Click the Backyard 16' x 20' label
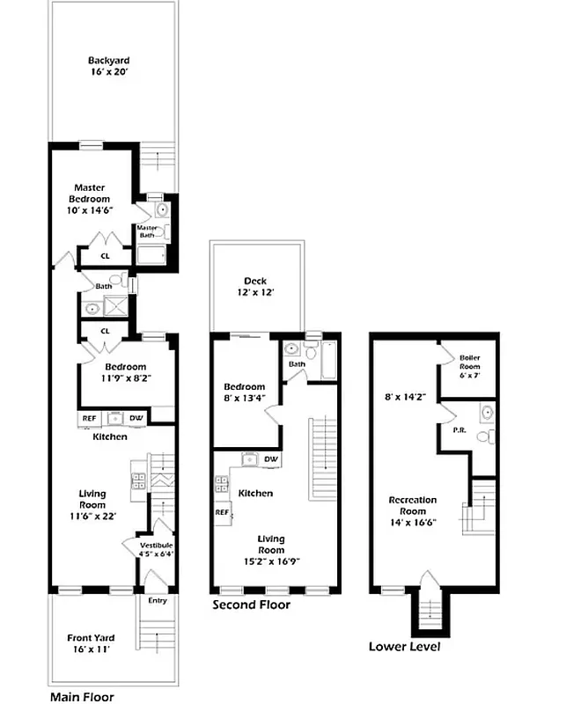[x=108, y=68]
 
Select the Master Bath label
[x=146, y=231]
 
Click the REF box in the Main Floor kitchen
[x=90, y=419]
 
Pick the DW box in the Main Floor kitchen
[x=136, y=419]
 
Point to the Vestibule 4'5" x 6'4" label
[x=157, y=550]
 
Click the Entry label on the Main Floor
[x=157, y=601]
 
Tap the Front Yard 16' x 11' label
[x=92, y=644]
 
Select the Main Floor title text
[x=82, y=696]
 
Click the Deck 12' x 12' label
[x=255, y=287]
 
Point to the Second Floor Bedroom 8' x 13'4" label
[x=244, y=392]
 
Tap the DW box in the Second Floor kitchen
[x=271, y=459]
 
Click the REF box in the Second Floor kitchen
[x=222, y=511]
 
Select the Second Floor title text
[x=251, y=605]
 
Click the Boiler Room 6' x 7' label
[x=469, y=363]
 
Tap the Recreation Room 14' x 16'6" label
[x=413, y=511]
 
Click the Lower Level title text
[x=404, y=647]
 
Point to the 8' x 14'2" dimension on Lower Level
[x=406, y=397]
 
